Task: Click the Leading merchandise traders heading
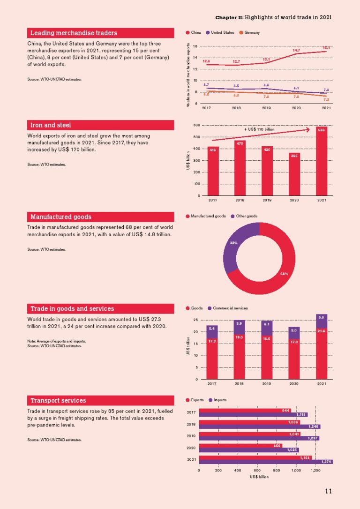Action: (74, 33)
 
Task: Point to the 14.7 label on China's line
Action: (296, 50)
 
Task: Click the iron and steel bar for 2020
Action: (294, 174)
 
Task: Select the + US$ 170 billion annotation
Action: (259, 129)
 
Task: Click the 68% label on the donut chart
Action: (284, 273)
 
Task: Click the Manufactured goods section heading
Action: (61, 217)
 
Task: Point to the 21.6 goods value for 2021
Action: (322, 331)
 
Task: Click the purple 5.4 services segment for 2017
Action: (212, 329)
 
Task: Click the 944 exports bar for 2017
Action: (244, 410)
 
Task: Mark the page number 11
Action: (328, 491)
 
